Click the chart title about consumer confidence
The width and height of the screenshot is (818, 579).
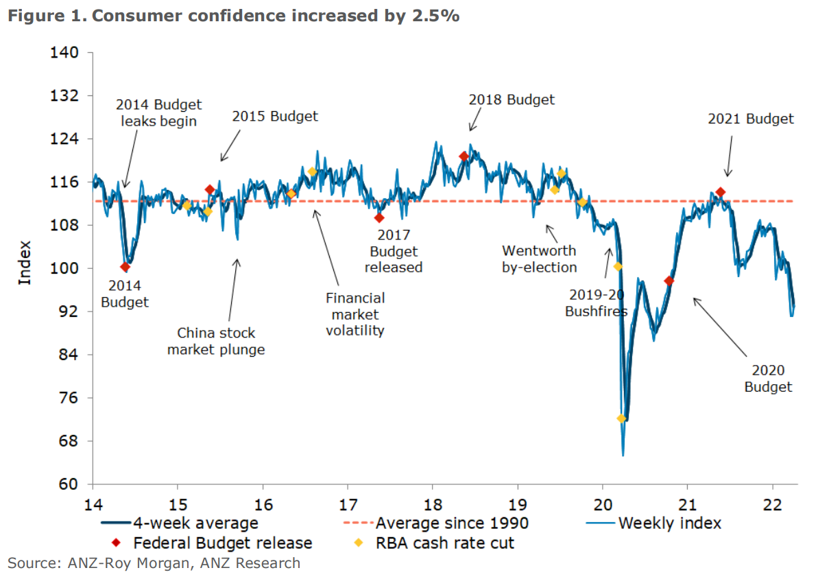[x=233, y=16]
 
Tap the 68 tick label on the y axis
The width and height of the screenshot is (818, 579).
[x=69, y=441]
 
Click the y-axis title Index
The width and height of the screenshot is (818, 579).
[x=25, y=263]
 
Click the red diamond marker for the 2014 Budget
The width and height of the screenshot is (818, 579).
[x=125, y=267]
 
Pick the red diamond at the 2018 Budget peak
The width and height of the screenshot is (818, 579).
[x=464, y=156]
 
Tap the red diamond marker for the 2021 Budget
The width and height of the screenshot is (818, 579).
[x=720, y=192]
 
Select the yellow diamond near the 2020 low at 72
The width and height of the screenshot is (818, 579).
[x=622, y=418]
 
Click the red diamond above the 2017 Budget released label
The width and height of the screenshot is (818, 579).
[x=379, y=217]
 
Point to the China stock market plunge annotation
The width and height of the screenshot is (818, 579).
[x=216, y=341]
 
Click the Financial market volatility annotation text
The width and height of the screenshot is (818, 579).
[x=354, y=314]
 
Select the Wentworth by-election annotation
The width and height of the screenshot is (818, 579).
[x=539, y=259]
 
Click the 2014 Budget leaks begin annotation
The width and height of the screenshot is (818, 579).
[x=158, y=113]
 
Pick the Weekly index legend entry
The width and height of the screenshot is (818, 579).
[x=669, y=523]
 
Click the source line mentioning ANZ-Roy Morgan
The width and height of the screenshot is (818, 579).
[x=154, y=563]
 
